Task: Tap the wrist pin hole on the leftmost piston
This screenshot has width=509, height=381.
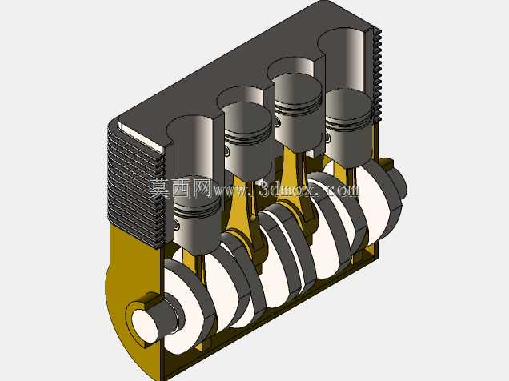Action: (x=175, y=223)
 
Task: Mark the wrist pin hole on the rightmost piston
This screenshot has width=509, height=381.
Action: (x=328, y=138)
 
